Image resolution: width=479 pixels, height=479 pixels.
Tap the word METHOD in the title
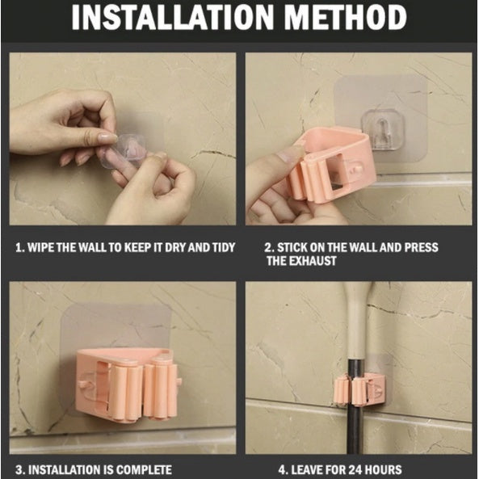[x=345, y=17]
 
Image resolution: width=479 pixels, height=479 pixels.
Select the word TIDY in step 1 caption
[x=224, y=247]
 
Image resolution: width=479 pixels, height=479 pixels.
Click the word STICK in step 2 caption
[x=292, y=247]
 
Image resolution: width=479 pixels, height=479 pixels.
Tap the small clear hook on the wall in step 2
[x=383, y=129]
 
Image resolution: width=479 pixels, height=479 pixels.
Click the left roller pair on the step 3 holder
[x=125, y=392]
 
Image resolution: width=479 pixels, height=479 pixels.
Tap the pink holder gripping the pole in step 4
[x=358, y=389]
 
